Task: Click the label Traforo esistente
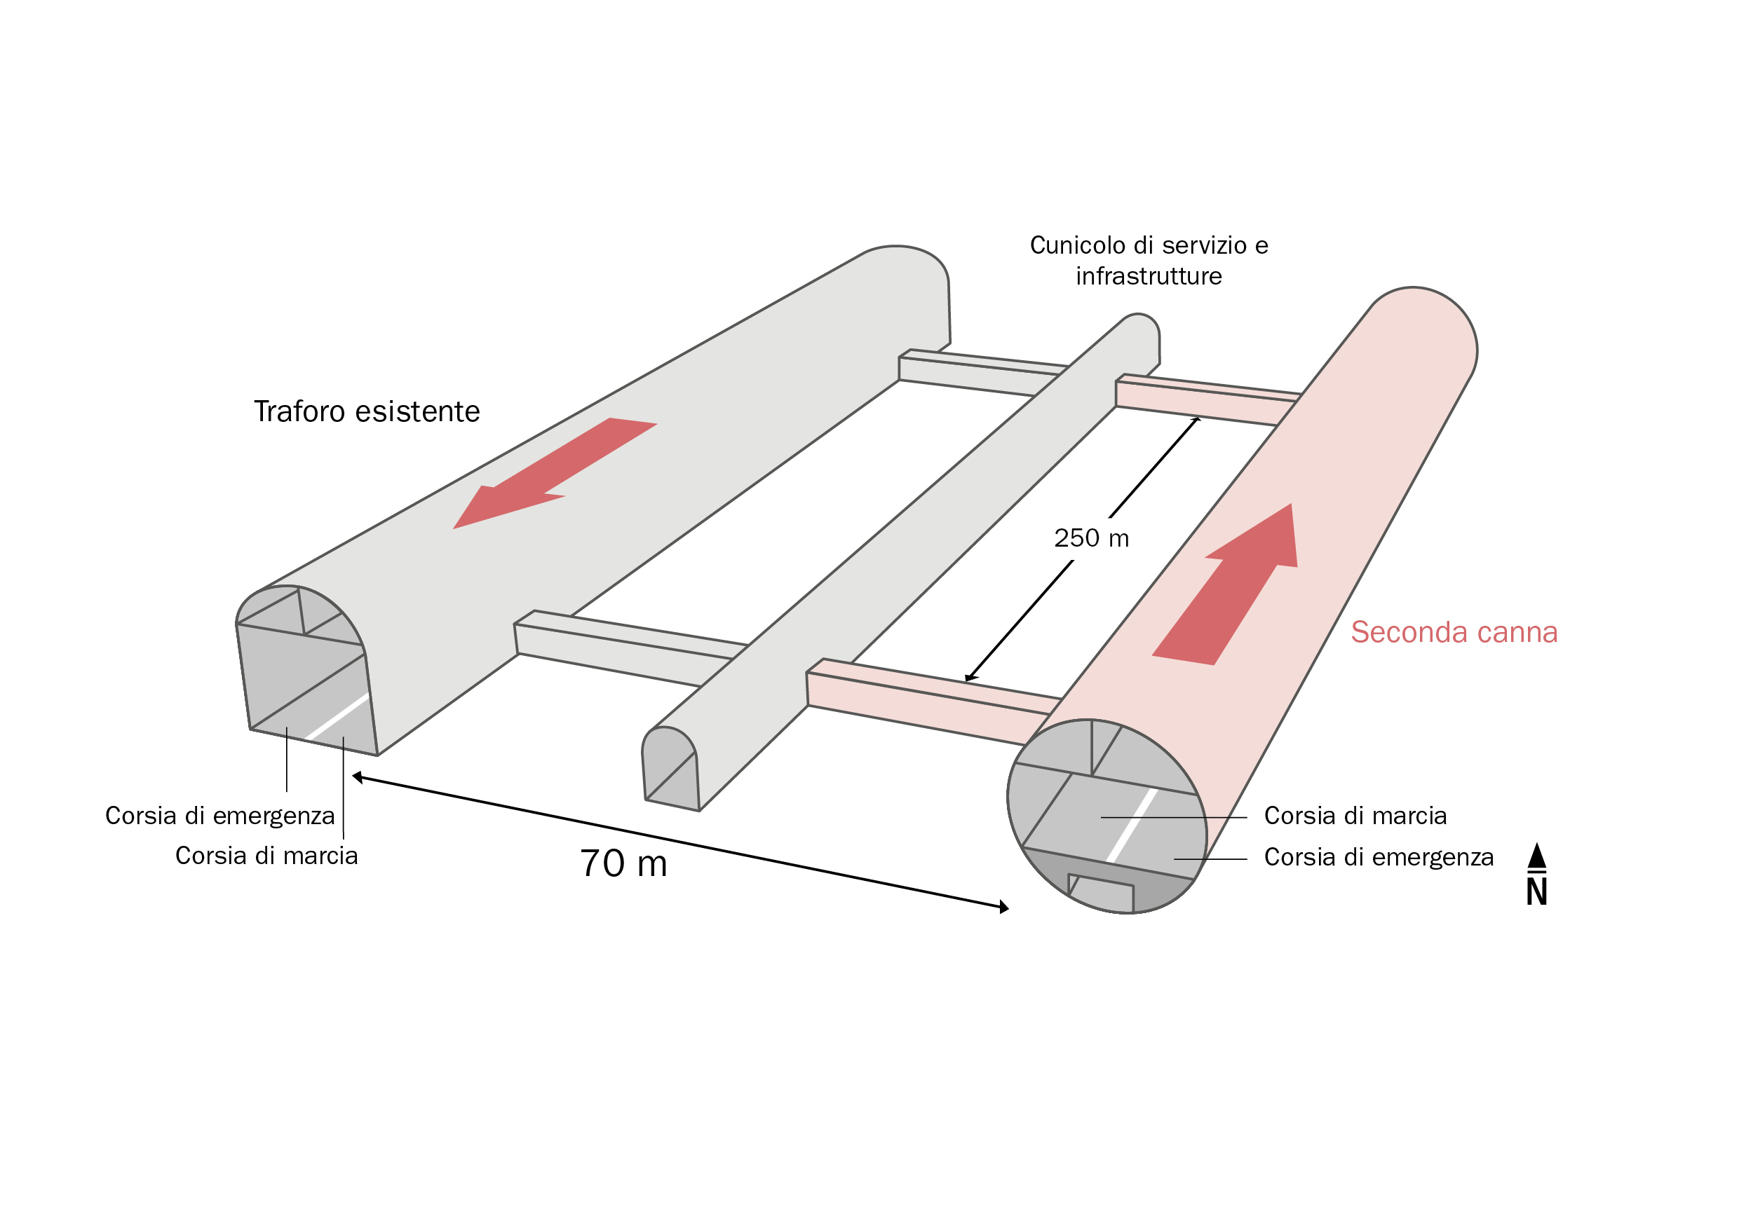click(x=367, y=412)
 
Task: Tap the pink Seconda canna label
click(x=1454, y=632)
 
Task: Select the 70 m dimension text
click(x=623, y=864)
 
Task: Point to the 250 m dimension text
click(x=1091, y=538)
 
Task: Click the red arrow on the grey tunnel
click(x=555, y=472)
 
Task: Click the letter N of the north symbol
click(x=1537, y=892)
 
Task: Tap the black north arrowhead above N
click(x=1537, y=856)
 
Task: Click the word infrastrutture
click(x=1149, y=276)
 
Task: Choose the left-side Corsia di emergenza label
click(x=219, y=816)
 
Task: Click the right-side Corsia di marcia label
click(x=1355, y=816)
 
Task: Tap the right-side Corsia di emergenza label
click(x=1379, y=858)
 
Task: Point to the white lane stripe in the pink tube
click(x=1132, y=826)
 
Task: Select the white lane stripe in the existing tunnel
click(x=337, y=716)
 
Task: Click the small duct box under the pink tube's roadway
click(x=1100, y=894)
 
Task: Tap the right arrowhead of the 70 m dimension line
click(x=1004, y=907)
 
